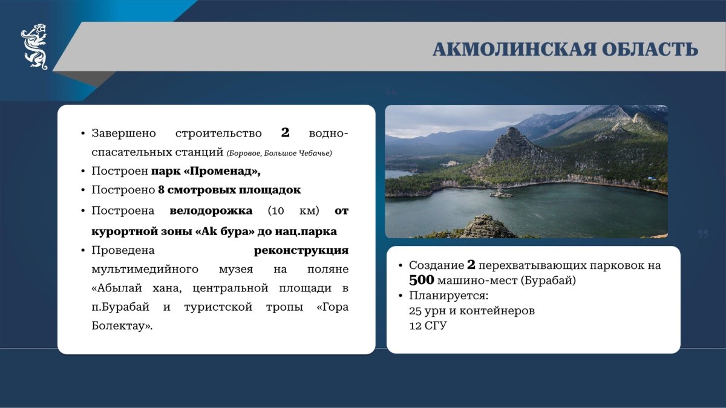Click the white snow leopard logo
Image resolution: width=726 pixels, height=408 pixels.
coord(34,47)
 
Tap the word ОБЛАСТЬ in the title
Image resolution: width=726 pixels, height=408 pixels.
coord(650,50)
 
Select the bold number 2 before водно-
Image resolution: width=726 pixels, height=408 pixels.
coord(285,132)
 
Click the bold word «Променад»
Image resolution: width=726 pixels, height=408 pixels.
coord(222,170)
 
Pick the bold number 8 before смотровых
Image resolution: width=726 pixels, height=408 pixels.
coord(162,190)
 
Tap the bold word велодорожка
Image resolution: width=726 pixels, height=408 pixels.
coord(211,210)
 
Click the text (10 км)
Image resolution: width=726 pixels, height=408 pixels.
coord(293,211)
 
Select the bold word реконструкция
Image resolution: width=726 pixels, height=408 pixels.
coord(301,250)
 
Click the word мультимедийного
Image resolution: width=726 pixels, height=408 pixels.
coord(145,270)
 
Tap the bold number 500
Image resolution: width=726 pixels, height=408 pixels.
coord(421,280)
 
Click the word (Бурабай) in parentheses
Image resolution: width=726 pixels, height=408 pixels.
coord(548,280)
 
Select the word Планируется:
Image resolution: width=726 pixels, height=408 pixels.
coord(448,296)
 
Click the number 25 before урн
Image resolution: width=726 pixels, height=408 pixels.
coord(415,311)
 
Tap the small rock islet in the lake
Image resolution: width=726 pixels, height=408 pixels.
coord(501,193)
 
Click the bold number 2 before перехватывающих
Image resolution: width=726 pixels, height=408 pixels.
coord(471,265)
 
